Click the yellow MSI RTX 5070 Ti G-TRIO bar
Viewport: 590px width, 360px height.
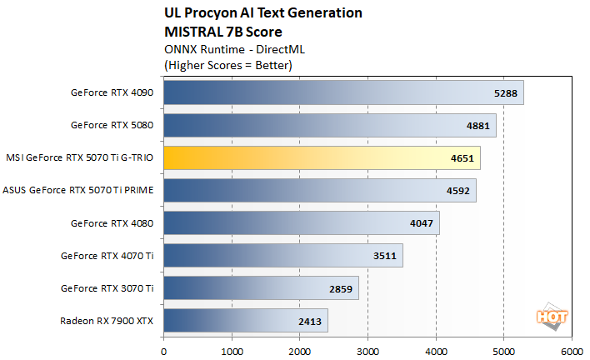322,157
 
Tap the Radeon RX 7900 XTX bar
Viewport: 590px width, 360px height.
246,320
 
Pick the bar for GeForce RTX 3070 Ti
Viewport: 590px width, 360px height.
261,288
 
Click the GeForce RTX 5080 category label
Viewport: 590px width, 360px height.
112,125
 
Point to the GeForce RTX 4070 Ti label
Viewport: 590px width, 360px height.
107,256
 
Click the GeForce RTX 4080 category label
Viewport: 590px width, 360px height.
112,222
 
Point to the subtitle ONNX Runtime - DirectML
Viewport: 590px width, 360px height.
224,49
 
